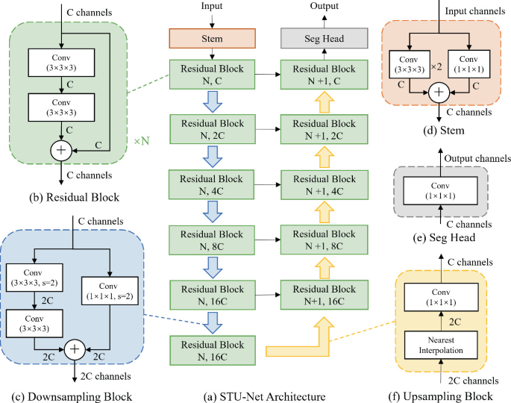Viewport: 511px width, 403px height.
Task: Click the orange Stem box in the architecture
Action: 213,37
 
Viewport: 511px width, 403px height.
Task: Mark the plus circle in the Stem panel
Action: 440,93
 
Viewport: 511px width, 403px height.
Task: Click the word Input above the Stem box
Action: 213,6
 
